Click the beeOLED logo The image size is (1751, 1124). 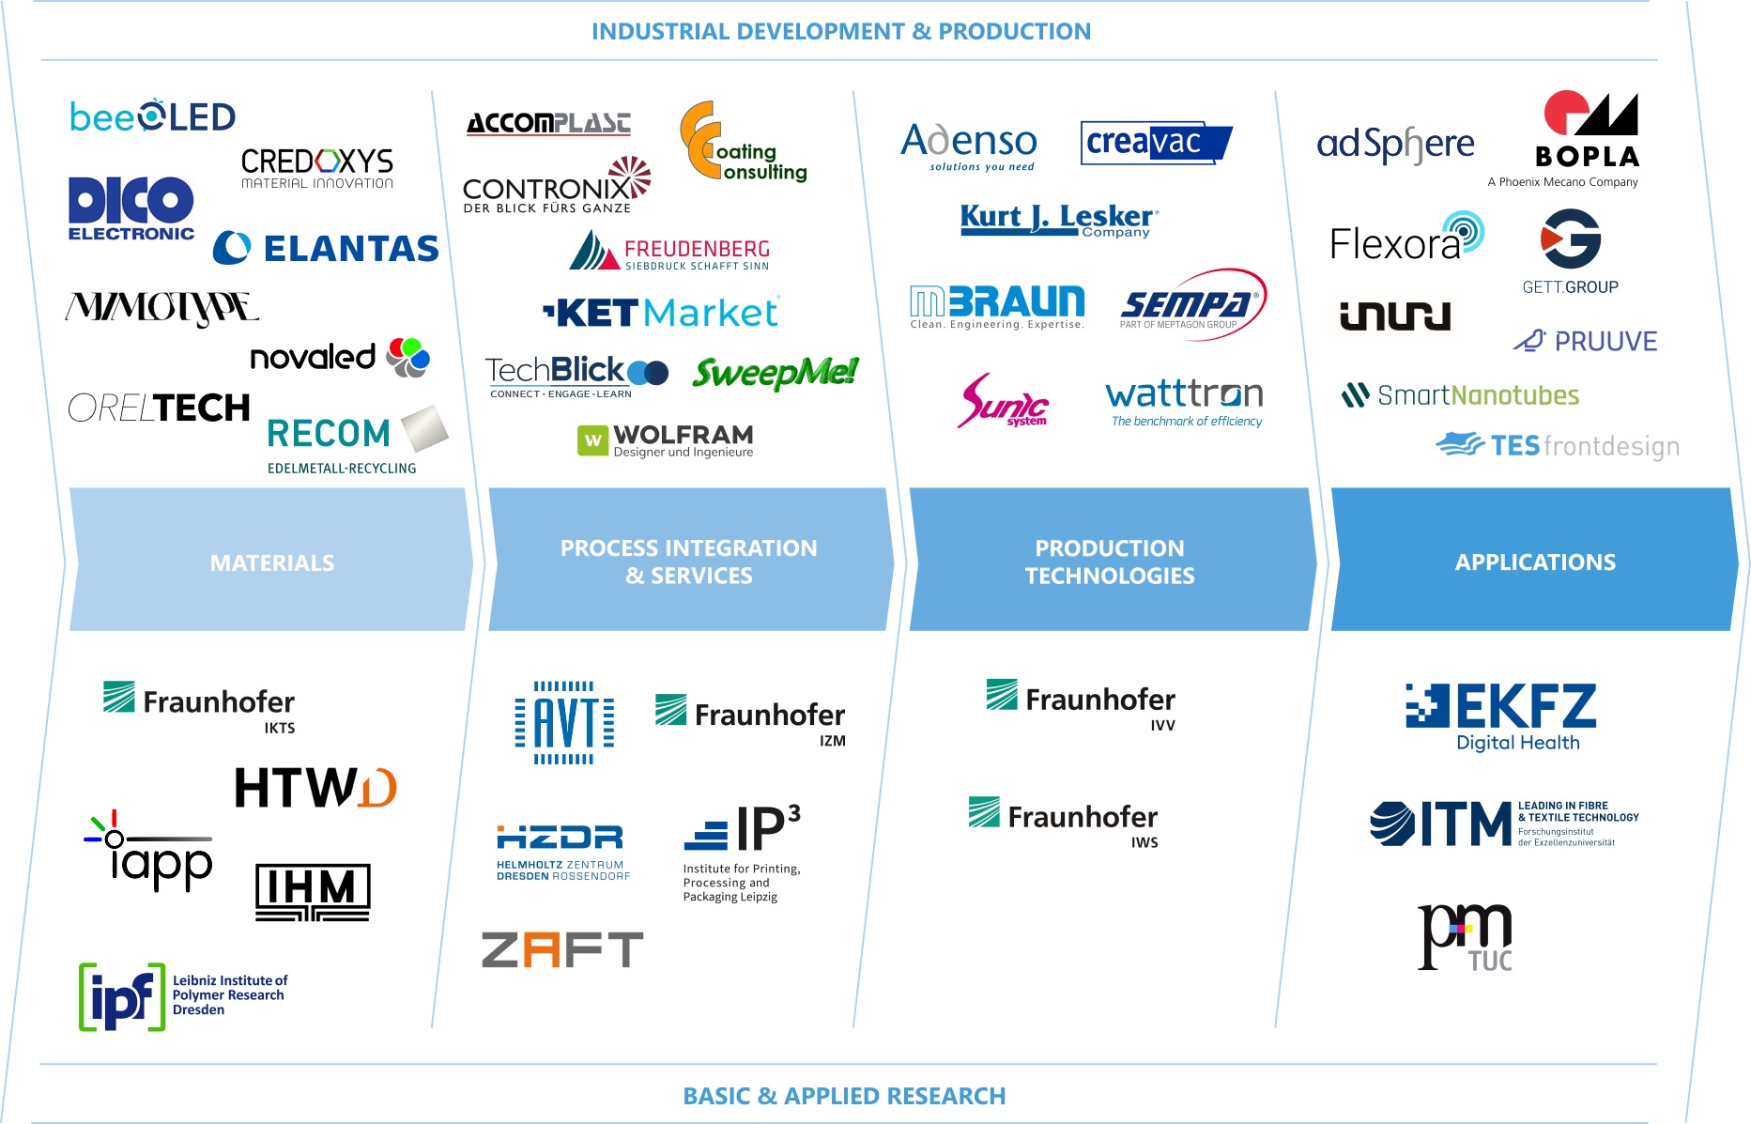tap(152, 117)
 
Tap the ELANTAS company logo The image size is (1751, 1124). tap(326, 249)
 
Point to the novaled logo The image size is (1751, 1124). tap(339, 358)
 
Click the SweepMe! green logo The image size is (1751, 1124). tap(775, 373)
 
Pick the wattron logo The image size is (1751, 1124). tap(1184, 402)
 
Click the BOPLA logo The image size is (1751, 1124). tap(1588, 131)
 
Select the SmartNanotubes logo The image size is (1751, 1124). tap(1461, 395)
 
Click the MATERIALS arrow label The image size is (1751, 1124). tap(271, 562)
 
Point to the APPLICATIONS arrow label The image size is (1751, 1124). tap(1535, 562)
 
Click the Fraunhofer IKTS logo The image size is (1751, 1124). tap(199, 705)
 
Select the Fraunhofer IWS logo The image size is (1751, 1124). tap(1063, 821)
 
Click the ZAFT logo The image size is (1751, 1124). tap(561, 949)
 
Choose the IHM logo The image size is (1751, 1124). tap(313, 891)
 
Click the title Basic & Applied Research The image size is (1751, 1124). tap(844, 1096)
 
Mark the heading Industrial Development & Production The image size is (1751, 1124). tap(840, 31)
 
